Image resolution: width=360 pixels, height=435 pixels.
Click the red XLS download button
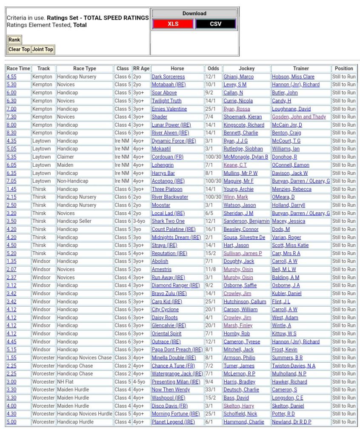click(173, 24)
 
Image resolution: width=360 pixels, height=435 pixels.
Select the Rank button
click(14, 40)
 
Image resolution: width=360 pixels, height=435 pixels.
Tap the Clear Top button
click(19, 49)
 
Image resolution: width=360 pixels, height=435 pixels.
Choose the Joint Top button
click(43, 49)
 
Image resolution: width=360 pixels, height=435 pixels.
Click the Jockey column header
click(246, 68)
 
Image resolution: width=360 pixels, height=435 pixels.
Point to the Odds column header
click(213, 68)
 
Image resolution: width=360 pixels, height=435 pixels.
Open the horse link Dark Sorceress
click(168, 77)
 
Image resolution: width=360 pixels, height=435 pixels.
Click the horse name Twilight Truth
click(166, 101)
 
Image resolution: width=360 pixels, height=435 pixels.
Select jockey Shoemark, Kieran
click(243, 117)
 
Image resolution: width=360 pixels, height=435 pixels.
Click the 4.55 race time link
click(11, 77)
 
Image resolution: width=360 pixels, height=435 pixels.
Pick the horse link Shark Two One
click(168, 221)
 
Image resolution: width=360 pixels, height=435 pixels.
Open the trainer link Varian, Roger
click(286, 237)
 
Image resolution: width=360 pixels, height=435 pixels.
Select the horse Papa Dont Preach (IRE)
click(177, 350)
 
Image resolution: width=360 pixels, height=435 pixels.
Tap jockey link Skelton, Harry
click(238, 406)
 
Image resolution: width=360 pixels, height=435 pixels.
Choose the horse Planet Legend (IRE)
click(173, 422)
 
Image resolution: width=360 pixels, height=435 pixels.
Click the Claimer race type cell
click(66, 157)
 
